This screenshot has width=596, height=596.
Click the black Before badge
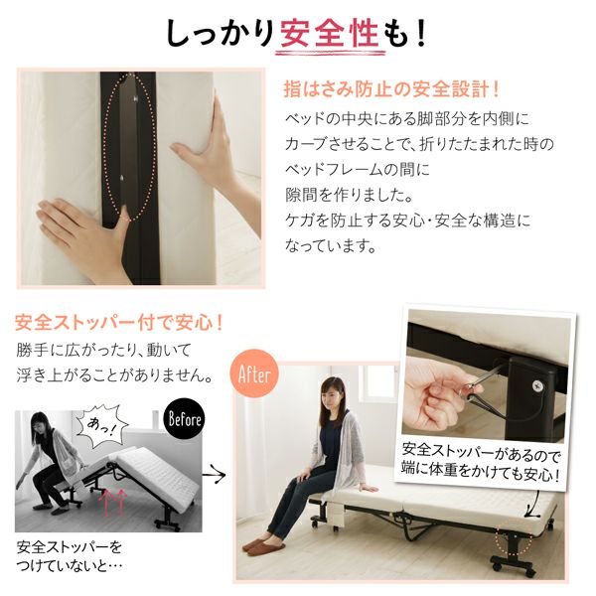(x=184, y=418)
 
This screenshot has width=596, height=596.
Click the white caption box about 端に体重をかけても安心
(x=481, y=461)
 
